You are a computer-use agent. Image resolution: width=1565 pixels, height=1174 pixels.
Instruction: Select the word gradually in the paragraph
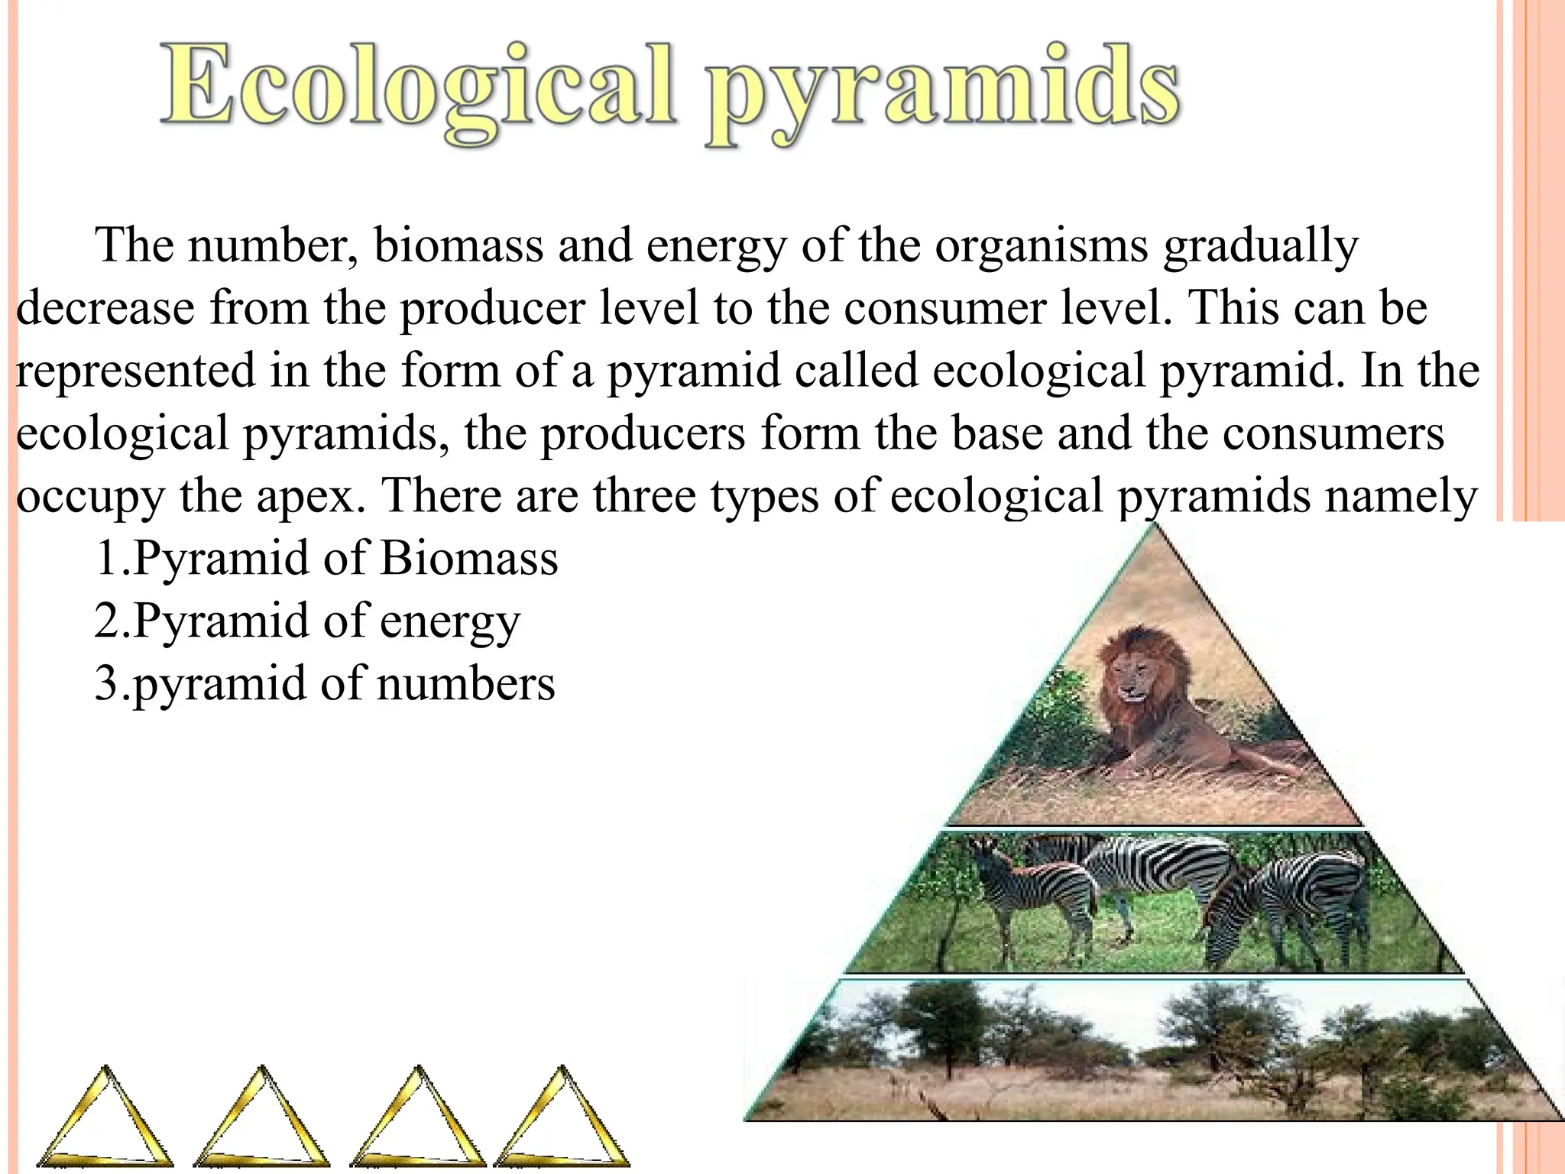pyautogui.click(x=1261, y=247)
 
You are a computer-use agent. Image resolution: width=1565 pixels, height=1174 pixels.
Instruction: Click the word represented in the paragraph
pyautogui.click(x=135, y=371)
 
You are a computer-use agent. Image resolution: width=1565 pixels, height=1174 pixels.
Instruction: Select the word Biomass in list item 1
pyautogui.click(x=469, y=558)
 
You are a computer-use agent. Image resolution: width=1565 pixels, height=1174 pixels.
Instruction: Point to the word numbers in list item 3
pyautogui.click(x=466, y=683)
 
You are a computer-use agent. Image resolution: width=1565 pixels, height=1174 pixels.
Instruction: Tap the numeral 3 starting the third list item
pyautogui.click(x=106, y=683)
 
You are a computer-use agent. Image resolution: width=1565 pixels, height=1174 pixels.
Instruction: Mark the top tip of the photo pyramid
pyautogui.click(x=1155, y=526)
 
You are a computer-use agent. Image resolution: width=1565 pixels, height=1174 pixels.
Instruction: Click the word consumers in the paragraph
pyautogui.click(x=1333, y=433)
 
